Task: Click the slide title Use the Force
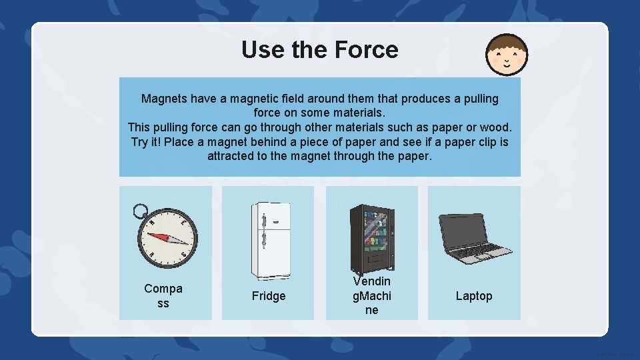tap(319, 50)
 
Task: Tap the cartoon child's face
tap(507, 55)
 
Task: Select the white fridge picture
tap(271, 241)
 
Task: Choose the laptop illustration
tap(474, 237)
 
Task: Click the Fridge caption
tap(269, 296)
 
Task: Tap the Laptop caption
tap(474, 296)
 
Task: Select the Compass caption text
tap(163, 296)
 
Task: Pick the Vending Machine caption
tap(372, 296)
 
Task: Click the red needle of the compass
tap(160, 236)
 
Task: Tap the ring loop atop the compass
tap(141, 211)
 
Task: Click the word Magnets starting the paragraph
tap(164, 99)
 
